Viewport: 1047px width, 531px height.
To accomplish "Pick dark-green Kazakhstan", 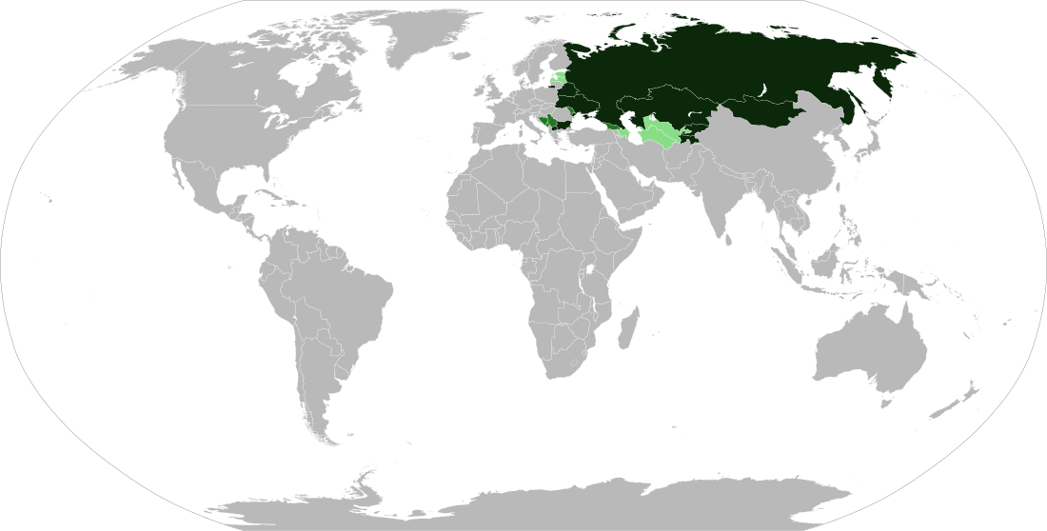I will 666,105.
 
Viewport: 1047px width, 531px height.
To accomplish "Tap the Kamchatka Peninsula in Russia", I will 890,81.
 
